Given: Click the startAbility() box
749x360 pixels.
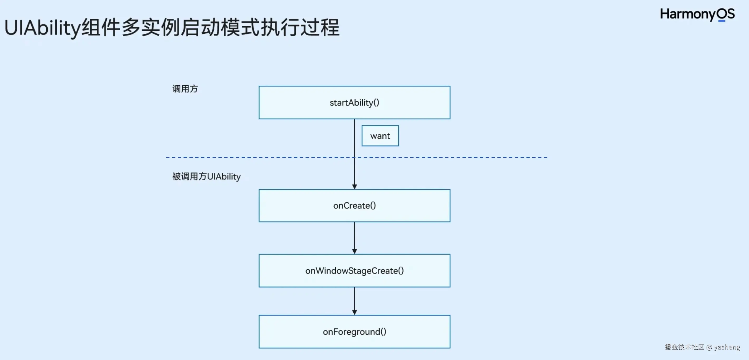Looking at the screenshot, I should pos(354,102).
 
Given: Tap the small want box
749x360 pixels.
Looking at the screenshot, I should pos(380,136).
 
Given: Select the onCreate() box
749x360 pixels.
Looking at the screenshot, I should pos(354,206).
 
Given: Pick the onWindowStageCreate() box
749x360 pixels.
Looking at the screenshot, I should pos(354,271).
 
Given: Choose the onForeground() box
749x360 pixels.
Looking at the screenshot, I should pos(354,332).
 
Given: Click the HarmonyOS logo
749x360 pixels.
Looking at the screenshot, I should pos(697,14).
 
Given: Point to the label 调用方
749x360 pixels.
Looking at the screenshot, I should pos(185,89).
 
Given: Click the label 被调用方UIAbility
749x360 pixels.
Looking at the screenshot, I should pos(206,176).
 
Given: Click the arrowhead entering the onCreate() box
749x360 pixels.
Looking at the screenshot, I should pos(354,186).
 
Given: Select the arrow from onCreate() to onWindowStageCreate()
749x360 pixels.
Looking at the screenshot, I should pos(354,238).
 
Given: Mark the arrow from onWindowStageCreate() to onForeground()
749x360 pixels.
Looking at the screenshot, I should pos(354,301).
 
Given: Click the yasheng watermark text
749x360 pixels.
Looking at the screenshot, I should pos(727,347).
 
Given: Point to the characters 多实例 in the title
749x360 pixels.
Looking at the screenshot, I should pos(150,28).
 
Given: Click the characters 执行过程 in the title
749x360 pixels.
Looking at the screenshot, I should pos(300,28).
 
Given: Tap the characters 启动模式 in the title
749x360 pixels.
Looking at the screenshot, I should pos(220,28).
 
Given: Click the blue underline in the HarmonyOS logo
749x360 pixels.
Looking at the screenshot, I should pos(722,21).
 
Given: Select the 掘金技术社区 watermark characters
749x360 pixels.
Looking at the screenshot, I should pos(684,347).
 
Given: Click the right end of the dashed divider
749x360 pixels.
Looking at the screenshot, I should pos(546,157).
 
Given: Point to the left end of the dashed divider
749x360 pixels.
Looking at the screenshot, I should pos(167,157).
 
